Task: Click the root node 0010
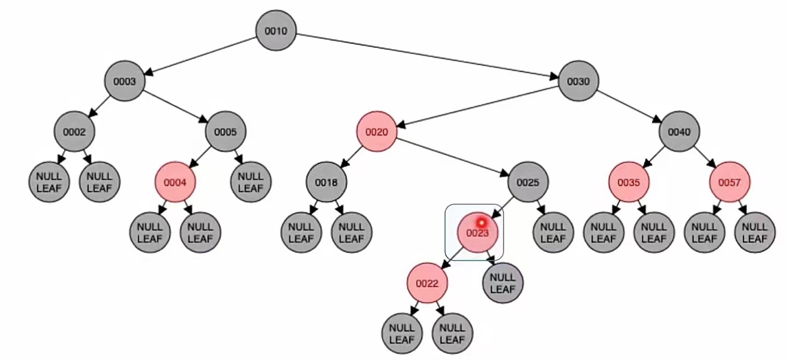point(276,31)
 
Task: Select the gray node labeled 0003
point(124,81)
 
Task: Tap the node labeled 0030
point(578,81)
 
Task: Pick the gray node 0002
point(74,132)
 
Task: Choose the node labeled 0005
point(225,132)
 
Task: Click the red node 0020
point(376,132)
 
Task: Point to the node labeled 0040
point(679,132)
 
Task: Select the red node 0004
point(175,182)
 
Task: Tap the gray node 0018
point(326,182)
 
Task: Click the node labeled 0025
point(528,182)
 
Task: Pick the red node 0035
point(629,182)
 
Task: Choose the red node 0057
point(729,182)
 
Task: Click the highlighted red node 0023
point(477,233)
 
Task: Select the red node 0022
point(427,283)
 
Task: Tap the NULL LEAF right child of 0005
point(250,182)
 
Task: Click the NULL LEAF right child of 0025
point(553,233)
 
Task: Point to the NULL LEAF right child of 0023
point(503,283)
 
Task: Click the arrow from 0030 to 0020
point(477,106)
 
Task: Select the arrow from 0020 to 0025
point(452,157)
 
